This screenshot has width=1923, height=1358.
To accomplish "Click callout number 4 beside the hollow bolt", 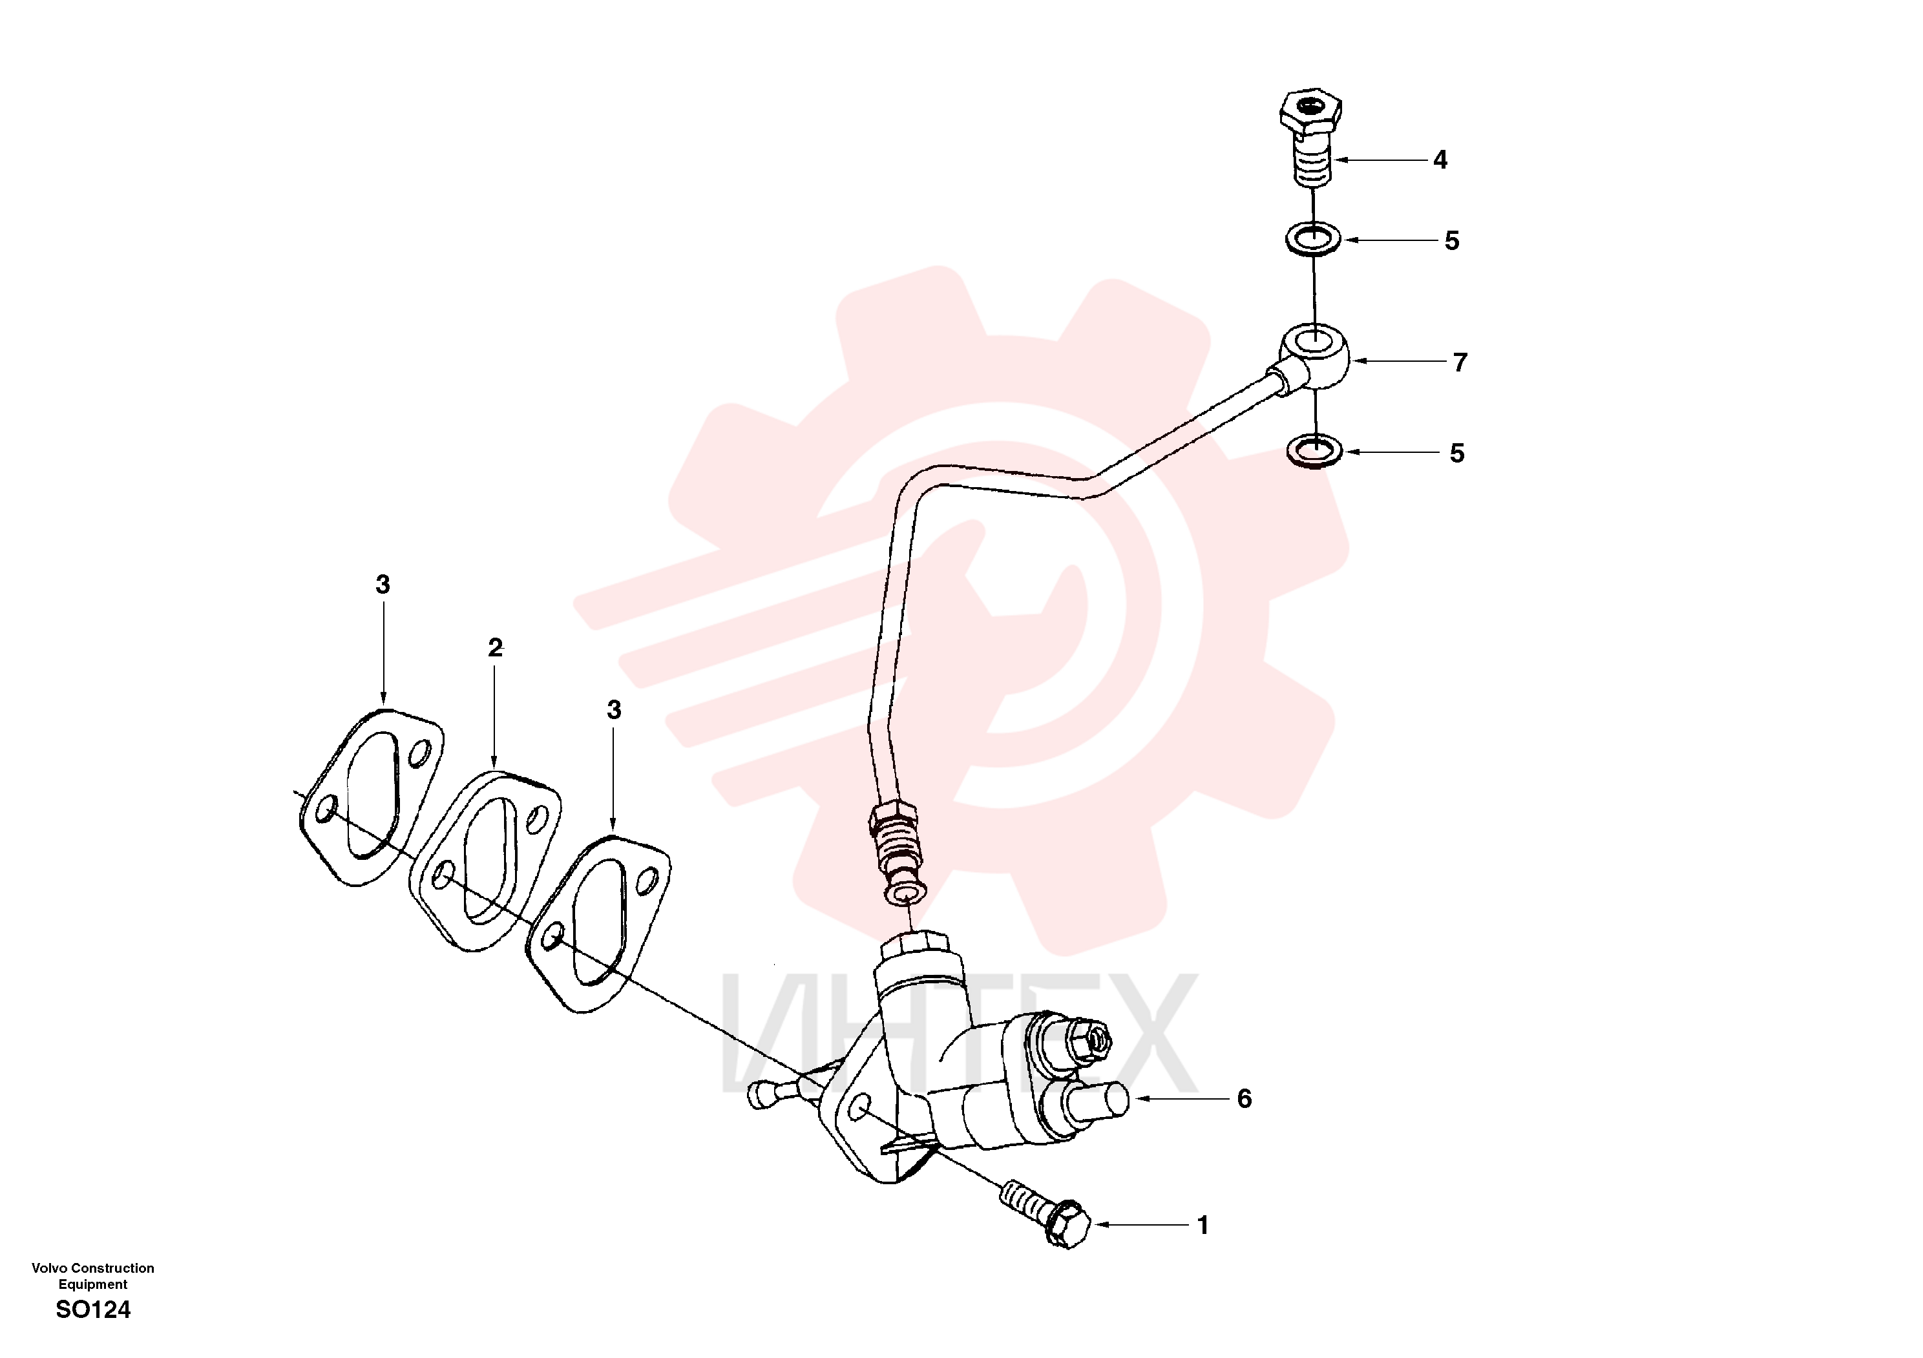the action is click(x=1440, y=160).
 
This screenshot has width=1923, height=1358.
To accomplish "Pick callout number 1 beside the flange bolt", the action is click(x=1204, y=1226).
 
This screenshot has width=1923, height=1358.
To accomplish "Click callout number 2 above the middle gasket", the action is click(x=495, y=647).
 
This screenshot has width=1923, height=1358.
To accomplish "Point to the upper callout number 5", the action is click(x=1453, y=241).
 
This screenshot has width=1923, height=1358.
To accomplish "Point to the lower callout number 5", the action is click(x=1457, y=454).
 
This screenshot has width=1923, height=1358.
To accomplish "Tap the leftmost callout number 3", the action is click(x=383, y=585).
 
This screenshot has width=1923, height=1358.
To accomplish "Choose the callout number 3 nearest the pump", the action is click(x=614, y=710).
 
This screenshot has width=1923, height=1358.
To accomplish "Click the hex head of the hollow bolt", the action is click(x=1311, y=110).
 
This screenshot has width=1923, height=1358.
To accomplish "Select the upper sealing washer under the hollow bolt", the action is click(x=1313, y=238).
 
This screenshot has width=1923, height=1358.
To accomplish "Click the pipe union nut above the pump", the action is click(x=893, y=820).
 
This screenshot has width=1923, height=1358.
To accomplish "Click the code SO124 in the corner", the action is click(x=93, y=1310).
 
